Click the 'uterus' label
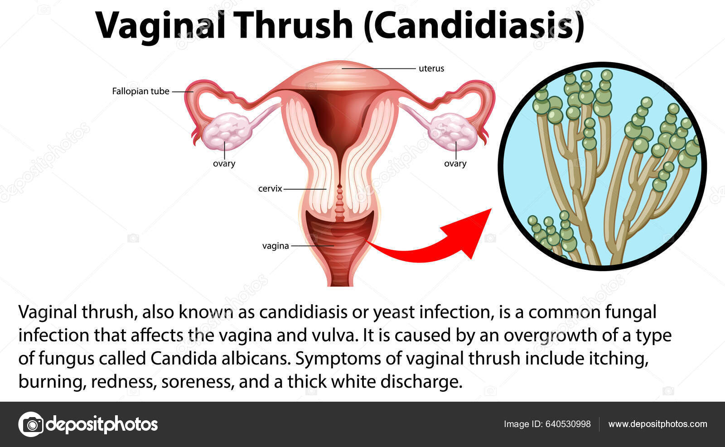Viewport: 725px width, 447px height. coord(431,68)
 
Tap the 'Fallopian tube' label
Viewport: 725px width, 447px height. coord(141,91)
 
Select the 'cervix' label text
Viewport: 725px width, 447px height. coord(270,189)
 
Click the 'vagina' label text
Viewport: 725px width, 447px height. coord(275,246)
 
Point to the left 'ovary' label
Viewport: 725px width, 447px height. coord(224,164)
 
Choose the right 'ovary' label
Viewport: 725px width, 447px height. coord(455,164)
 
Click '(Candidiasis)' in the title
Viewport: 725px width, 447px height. coord(474,26)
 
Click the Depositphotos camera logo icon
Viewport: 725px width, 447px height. coord(31,424)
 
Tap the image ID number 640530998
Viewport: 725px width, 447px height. coord(568,424)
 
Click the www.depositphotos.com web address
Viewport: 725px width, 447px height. coord(657,424)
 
